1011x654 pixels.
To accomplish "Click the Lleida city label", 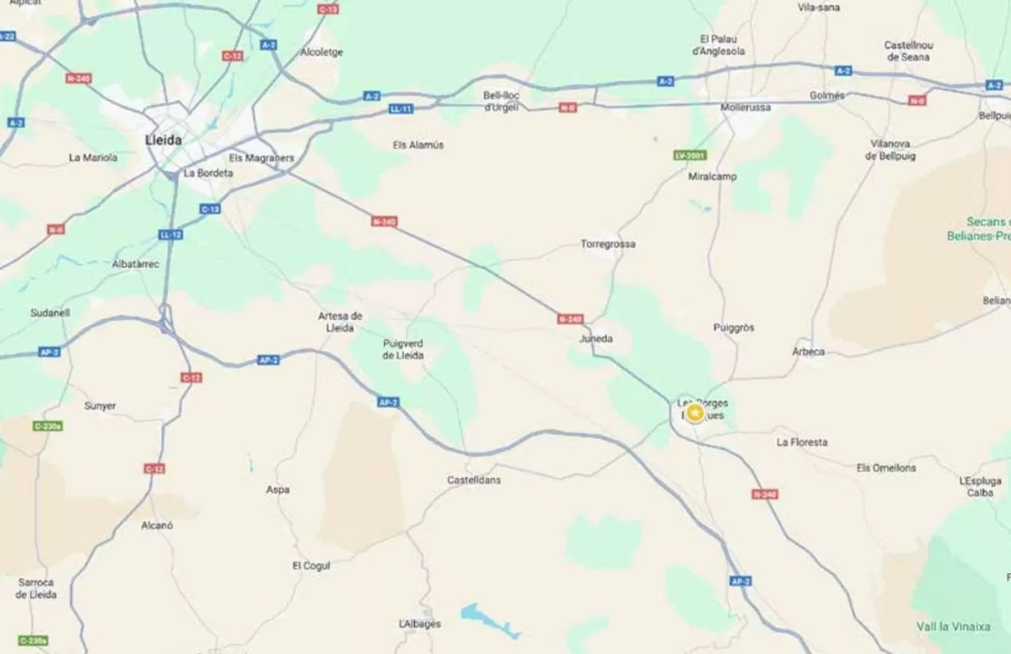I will click(163, 140).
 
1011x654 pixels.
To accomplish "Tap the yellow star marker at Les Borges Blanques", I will click(694, 413).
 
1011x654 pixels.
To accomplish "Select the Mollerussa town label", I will click(745, 107).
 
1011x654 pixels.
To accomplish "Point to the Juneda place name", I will click(596, 339).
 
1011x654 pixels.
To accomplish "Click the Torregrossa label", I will click(607, 244).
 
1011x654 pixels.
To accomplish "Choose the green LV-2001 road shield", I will click(690, 156).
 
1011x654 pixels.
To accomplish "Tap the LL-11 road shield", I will click(401, 109).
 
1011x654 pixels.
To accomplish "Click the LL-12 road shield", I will click(170, 234).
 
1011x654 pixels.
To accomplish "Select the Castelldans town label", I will click(474, 480).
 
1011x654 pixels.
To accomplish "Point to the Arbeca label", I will click(808, 352).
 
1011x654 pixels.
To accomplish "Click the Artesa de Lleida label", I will click(340, 322).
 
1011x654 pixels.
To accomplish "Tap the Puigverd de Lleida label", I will click(403, 349).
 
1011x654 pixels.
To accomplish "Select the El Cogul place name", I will click(310, 565).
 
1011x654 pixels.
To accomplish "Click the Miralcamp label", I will click(712, 177).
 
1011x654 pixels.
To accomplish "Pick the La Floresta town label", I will click(802, 442).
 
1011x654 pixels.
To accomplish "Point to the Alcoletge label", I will click(321, 52).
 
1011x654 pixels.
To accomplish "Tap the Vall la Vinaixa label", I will click(953, 626).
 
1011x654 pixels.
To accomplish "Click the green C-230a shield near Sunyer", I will click(48, 426).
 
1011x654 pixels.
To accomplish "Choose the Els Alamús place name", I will click(418, 145).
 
